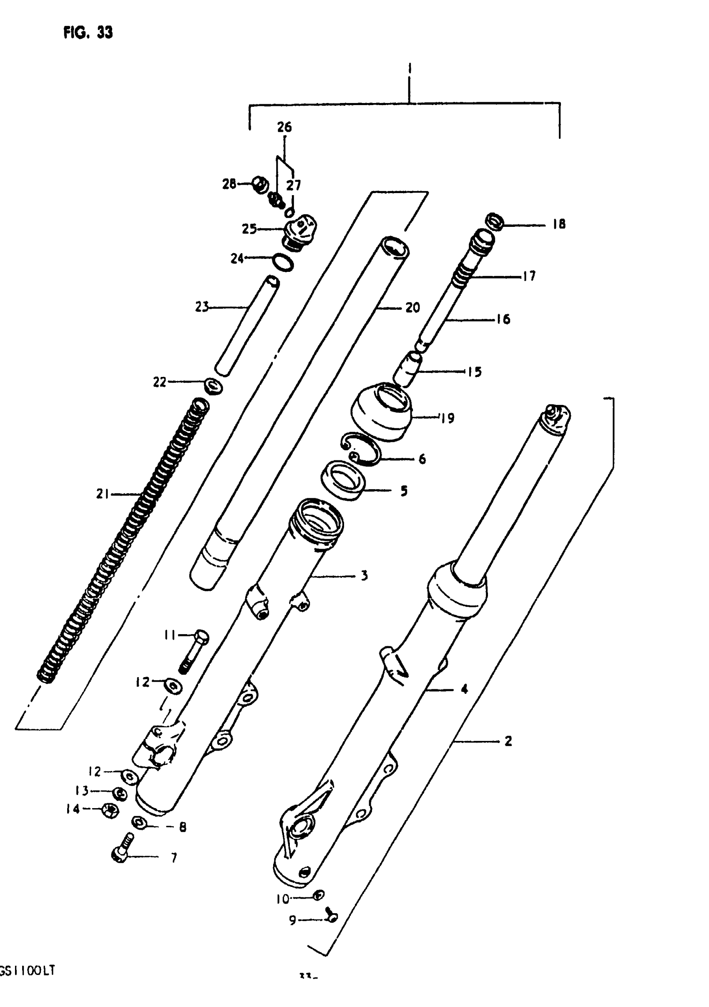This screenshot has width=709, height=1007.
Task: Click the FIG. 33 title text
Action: coord(88,33)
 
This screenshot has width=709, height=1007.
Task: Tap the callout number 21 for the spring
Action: coord(102,494)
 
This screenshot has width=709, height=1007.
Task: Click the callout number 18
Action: coord(558,225)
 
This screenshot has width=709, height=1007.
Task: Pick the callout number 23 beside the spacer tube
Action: coord(202,307)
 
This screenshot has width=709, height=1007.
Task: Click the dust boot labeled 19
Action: coord(382,412)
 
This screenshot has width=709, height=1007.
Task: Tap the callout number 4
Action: coord(464,689)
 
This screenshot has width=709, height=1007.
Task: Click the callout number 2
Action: coord(508,741)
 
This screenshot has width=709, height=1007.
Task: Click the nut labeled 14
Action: coord(110,810)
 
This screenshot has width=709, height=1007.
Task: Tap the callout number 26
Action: coord(284,127)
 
